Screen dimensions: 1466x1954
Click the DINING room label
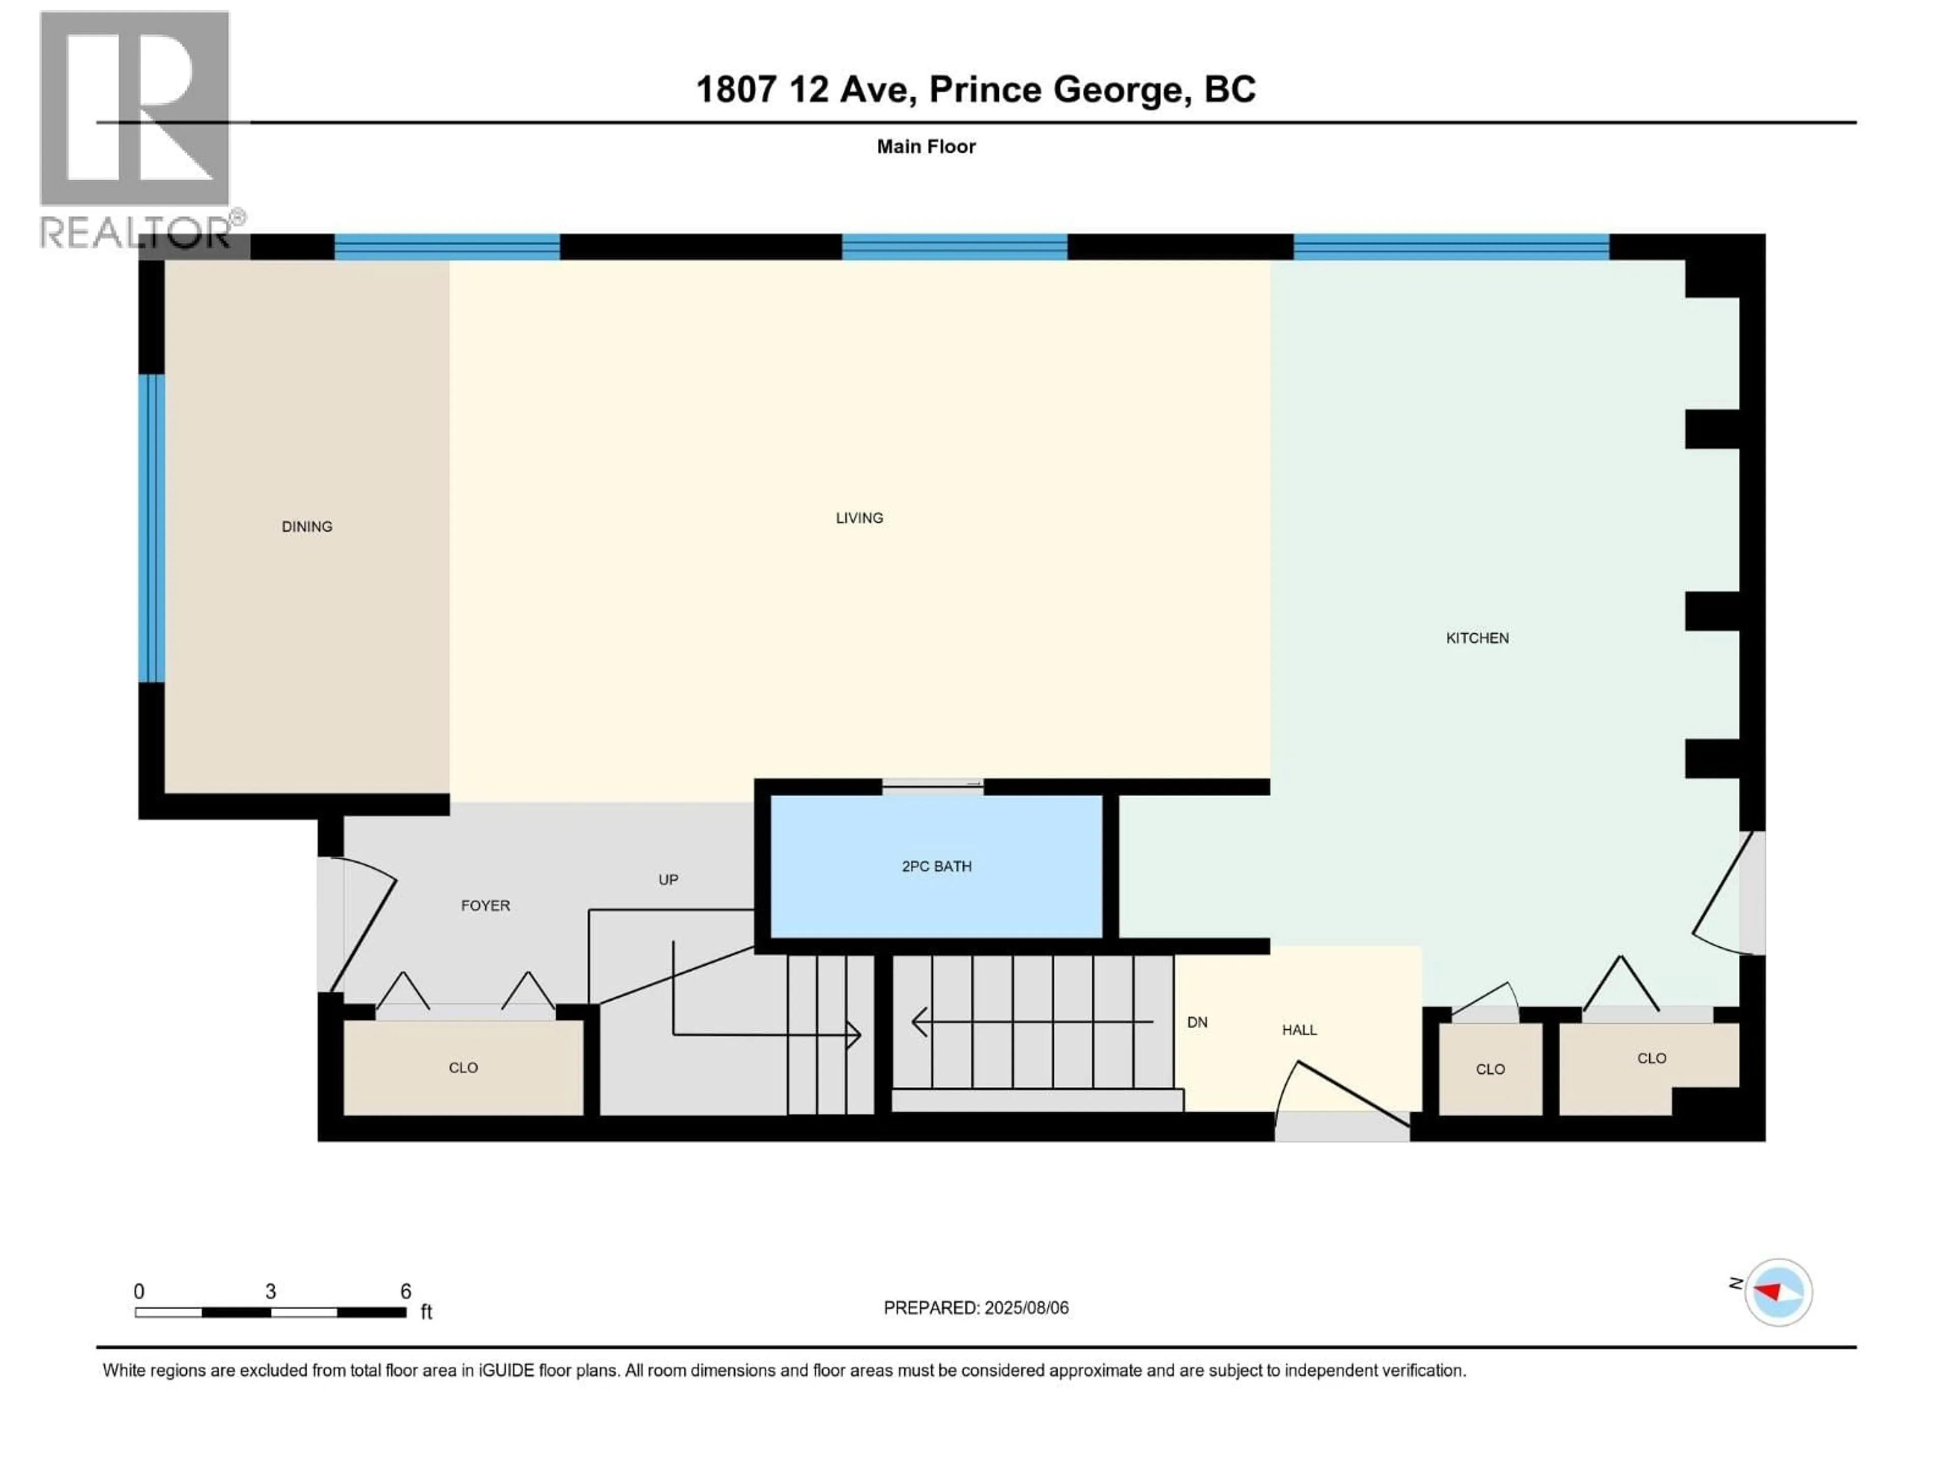306,527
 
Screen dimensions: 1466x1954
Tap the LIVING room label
858,518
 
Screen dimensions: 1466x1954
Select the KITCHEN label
1477,638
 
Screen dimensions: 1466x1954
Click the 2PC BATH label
936,867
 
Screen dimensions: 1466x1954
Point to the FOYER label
485,906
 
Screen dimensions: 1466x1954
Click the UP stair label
668,880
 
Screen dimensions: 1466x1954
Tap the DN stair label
1197,1023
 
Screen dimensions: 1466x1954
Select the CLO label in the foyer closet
463,1067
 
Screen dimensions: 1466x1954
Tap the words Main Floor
926,147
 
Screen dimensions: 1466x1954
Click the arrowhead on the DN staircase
918,1023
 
